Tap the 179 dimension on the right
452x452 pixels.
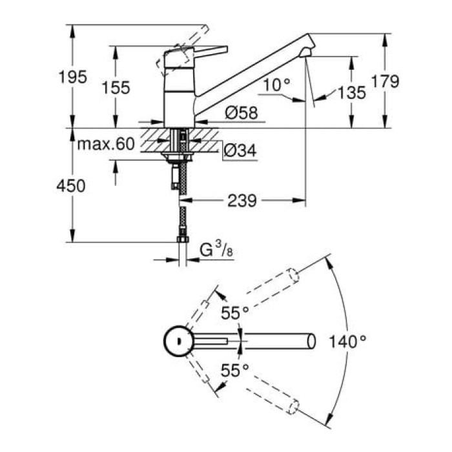[x=385, y=81]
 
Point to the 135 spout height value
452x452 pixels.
[x=352, y=92]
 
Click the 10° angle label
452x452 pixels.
[x=278, y=83]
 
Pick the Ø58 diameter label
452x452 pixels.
[x=241, y=113]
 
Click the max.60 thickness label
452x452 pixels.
[x=106, y=143]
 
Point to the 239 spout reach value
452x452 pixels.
[x=242, y=201]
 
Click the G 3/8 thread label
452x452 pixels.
[x=214, y=249]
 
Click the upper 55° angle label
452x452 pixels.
[x=235, y=313]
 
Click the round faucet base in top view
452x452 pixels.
[x=176, y=340]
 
